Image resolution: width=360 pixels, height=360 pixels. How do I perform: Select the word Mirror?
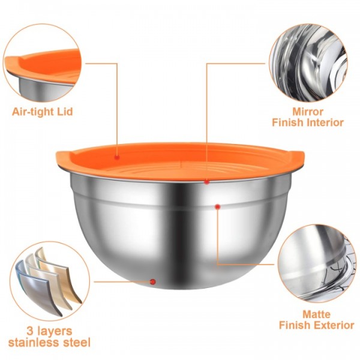(308, 112)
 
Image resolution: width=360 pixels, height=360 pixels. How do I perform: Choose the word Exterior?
(332, 325)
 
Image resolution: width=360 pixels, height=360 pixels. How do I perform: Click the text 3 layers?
(50, 331)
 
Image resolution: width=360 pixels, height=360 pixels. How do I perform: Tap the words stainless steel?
(50, 343)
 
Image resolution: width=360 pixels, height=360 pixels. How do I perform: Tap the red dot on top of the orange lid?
(118, 157)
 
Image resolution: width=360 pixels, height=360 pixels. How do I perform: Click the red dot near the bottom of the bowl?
(153, 281)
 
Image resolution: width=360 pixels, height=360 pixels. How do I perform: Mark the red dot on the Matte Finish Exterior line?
(218, 206)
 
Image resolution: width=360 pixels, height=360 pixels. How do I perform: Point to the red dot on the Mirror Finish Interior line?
(206, 181)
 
